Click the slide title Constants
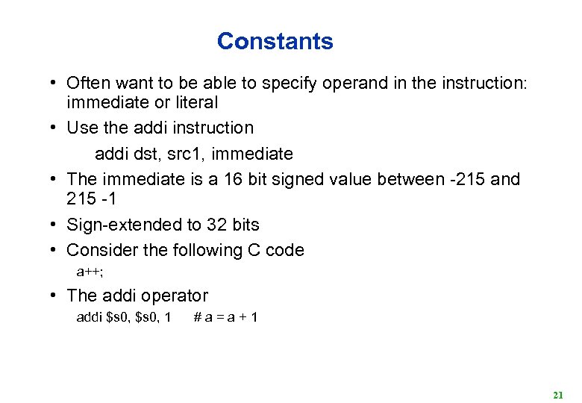click(275, 41)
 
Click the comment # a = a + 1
click(226, 317)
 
